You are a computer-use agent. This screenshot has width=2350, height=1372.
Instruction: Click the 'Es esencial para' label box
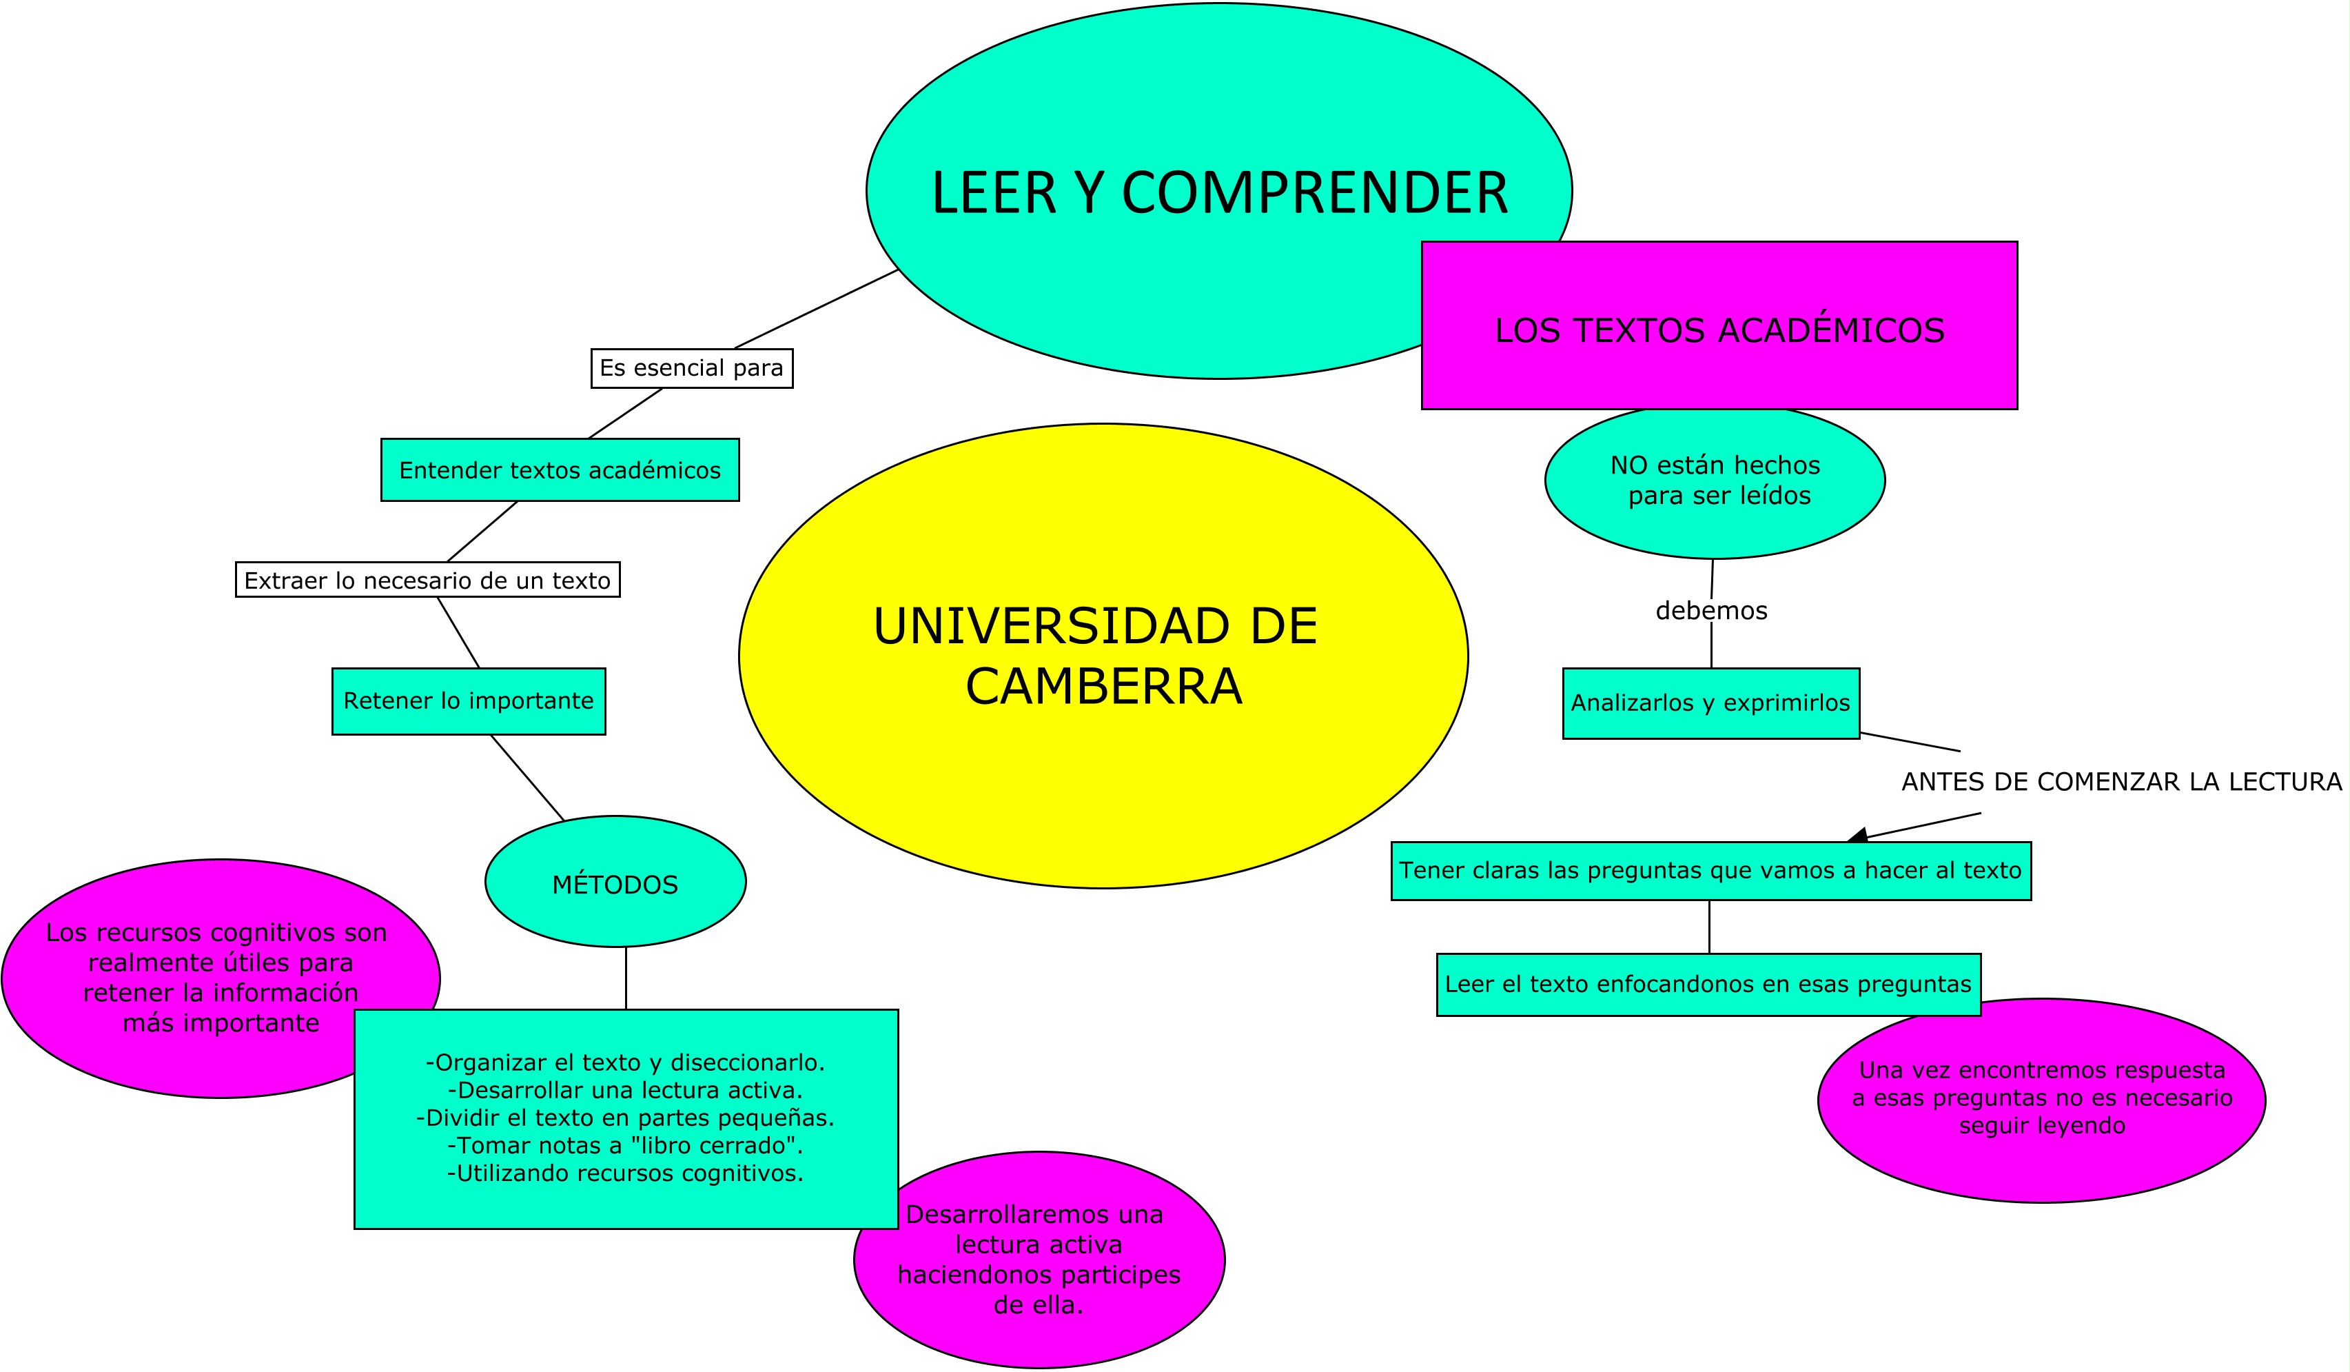(x=692, y=368)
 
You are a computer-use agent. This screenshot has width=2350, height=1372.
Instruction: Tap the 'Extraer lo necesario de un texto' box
(x=428, y=580)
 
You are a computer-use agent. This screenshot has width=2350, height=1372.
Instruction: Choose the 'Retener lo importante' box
(x=469, y=701)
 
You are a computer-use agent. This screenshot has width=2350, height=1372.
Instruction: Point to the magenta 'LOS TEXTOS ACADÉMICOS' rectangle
(x=1719, y=325)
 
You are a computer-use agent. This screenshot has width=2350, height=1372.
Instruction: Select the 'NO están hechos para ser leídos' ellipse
(x=1715, y=481)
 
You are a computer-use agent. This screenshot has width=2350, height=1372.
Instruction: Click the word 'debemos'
(x=1711, y=611)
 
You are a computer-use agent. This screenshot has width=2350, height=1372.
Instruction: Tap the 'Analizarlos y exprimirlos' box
(x=1711, y=703)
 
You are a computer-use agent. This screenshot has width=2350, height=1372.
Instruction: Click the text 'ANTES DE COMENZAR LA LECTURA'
(x=2121, y=782)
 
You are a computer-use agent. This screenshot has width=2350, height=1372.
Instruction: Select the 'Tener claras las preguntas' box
(x=1711, y=871)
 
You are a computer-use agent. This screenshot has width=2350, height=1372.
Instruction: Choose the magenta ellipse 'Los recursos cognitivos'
(x=221, y=978)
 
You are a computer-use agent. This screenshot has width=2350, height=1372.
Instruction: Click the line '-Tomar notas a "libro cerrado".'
(x=625, y=1145)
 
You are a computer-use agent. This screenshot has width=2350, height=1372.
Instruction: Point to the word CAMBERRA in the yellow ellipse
(x=1104, y=687)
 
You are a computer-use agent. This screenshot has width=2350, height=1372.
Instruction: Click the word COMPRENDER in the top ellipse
(x=1315, y=193)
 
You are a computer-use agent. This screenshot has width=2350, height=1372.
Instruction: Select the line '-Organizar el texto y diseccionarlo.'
(x=625, y=1062)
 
